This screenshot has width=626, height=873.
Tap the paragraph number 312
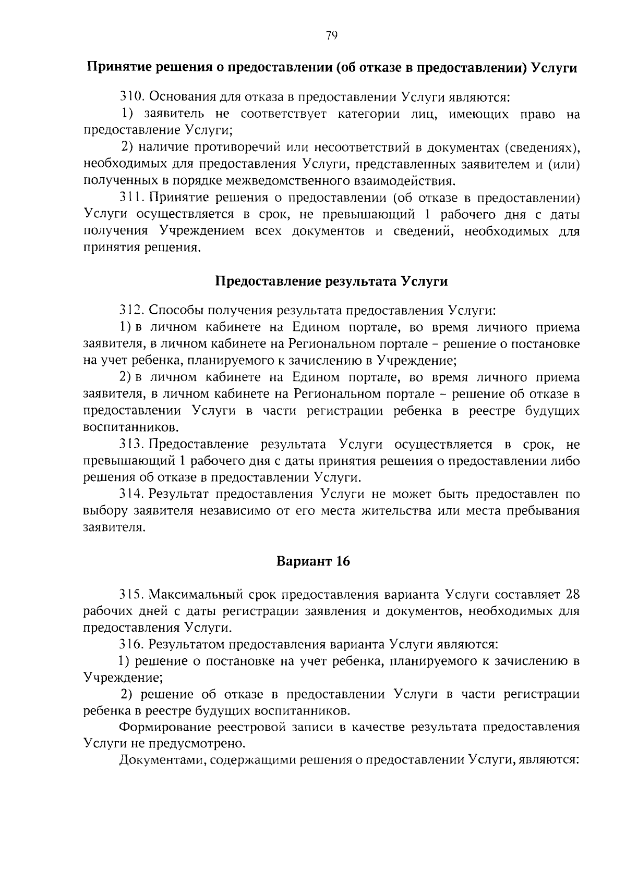132,311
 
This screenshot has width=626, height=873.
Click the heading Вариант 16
313,561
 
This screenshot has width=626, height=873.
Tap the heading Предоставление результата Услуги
332,281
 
